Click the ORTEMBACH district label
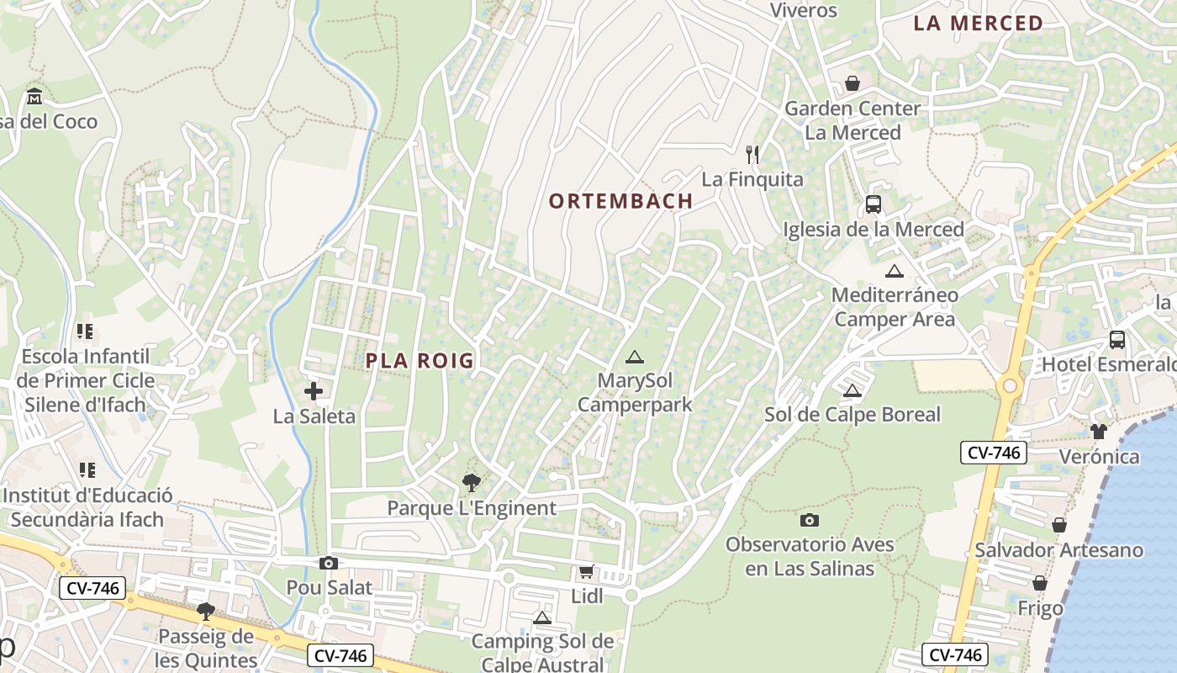coord(620,201)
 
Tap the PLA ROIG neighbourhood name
coord(420,361)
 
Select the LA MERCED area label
coord(978,24)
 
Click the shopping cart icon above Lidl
coord(586,572)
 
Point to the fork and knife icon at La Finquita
coord(752,155)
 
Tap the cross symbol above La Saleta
coord(314,391)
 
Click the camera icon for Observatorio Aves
coord(810,520)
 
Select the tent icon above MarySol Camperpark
coord(635,357)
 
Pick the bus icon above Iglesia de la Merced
coord(874,204)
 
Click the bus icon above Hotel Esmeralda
coord(1117,340)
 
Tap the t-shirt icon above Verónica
coord(1099,432)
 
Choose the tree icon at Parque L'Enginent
coord(472,483)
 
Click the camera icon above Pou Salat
coord(329,563)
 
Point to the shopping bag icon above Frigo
coord(1040,583)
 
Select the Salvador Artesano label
coord(1058,550)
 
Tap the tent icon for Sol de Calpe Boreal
coord(852,390)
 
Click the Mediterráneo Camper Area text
coord(895,307)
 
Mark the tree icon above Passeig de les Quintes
coord(206,612)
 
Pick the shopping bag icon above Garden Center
coord(852,83)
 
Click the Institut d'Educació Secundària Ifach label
coord(87,507)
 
